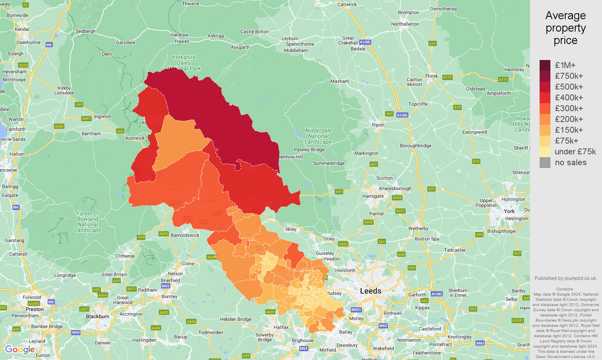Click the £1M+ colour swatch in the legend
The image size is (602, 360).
pos(545,65)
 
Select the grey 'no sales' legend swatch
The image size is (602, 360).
pos(545,162)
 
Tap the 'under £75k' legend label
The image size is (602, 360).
pos(575,152)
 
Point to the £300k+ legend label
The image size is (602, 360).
pos(568,108)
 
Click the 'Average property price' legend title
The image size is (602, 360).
pos(565,28)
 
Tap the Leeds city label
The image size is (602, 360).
pos(370,291)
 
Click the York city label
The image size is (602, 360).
pos(509,211)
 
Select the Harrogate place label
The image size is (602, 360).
pos(373,196)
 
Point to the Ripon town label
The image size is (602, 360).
pos(378,125)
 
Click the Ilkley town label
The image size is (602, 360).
pos(291,229)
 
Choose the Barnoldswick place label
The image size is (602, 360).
pos(185,235)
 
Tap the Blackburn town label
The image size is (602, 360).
pos(98,316)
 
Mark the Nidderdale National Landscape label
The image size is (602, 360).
pos(318,136)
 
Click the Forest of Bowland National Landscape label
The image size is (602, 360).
pos(88,222)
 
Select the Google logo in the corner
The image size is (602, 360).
pos(20,350)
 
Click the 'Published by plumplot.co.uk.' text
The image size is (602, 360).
pos(566,278)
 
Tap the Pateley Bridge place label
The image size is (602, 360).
pos(309,150)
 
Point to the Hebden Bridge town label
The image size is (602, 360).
pos(236,319)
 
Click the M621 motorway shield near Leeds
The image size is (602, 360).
pos(356,310)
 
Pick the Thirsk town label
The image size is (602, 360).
pos(431,76)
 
